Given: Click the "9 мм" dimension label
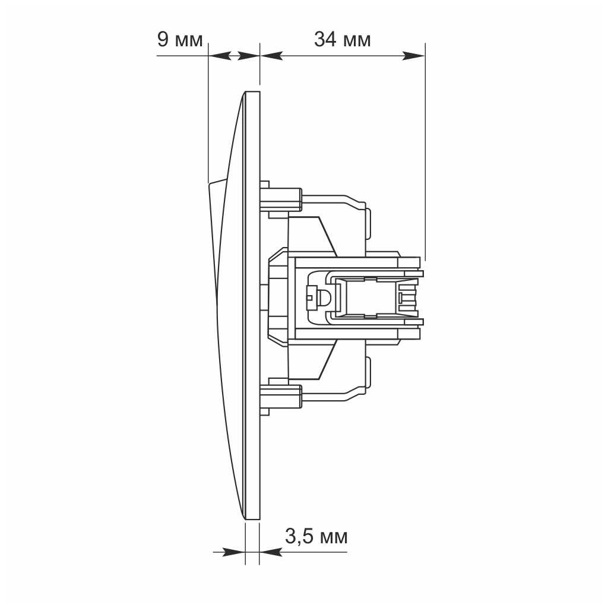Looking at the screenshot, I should pyautogui.click(x=179, y=40).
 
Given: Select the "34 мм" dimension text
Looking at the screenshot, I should pyautogui.click(x=342, y=40).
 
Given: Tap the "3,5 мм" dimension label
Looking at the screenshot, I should pyautogui.click(x=316, y=537).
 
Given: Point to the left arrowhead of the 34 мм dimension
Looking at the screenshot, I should pyautogui.click(x=271, y=56).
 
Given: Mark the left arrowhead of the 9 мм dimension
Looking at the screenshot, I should pyautogui.click(x=220, y=56).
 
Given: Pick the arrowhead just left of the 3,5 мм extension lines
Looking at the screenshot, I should pyautogui.click(x=234, y=552).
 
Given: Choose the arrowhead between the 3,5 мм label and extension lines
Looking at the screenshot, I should pyautogui.click(x=270, y=552).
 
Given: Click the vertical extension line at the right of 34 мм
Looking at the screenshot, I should pyautogui.click(x=425, y=148).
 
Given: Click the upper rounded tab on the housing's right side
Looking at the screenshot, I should pyautogui.click(x=369, y=220).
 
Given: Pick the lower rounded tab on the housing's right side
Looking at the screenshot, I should pyautogui.click(x=369, y=370).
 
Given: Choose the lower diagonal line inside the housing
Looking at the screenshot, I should pyautogui.click(x=328, y=356).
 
